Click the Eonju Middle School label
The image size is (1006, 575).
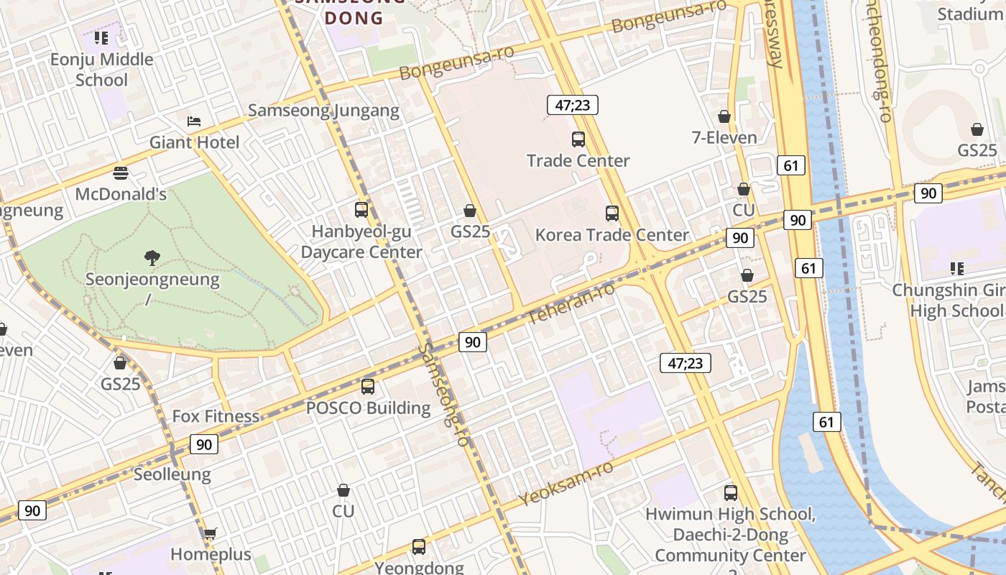point(101,70)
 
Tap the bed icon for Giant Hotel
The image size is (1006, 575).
point(194,121)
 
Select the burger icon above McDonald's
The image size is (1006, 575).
point(121,172)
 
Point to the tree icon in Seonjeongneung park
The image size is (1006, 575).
point(152,257)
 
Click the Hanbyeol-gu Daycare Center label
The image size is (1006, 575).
point(361,242)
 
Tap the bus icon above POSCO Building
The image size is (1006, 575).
point(368,387)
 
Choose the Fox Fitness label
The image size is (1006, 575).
point(216,416)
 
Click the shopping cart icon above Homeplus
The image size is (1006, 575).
point(210,533)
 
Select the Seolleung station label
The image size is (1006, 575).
point(172,474)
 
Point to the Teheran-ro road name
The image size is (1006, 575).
point(571,303)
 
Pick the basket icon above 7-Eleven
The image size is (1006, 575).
point(724,116)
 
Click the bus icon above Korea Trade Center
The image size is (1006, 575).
point(612,213)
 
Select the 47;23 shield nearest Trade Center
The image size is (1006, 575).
point(573,105)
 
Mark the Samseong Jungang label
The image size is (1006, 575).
point(323,110)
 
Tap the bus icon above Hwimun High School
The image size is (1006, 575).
point(731,493)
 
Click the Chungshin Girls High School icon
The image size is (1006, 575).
point(956,269)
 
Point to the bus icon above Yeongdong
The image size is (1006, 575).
point(419,547)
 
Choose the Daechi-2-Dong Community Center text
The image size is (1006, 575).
point(730,545)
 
